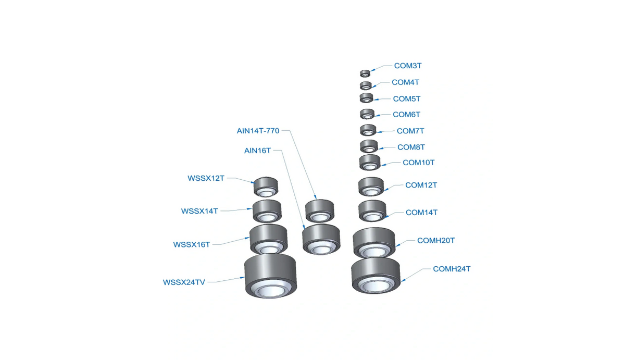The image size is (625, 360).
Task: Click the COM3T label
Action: click(407, 66)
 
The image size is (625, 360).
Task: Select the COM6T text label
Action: click(406, 115)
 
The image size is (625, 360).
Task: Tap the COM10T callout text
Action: click(418, 163)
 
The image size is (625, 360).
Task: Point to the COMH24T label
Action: click(452, 269)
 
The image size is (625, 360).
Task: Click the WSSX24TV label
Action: click(184, 282)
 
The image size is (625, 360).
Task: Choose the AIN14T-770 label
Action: click(258, 131)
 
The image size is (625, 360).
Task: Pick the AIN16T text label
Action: click(257, 151)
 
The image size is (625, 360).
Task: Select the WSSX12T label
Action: click(206, 178)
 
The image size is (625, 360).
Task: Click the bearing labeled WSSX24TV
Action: click(270, 277)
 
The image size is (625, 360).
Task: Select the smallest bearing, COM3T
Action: click(365, 73)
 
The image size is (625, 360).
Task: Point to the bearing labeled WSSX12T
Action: click(266, 187)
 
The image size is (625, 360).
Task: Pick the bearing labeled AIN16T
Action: click(321, 239)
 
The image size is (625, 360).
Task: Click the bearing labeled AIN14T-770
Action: click(319, 210)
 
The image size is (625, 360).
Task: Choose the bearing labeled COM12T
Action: click(371, 187)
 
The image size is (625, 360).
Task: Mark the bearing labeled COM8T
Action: click(369, 146)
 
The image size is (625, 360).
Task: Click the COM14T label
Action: click(421, 213)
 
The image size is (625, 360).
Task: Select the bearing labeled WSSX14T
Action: click(267, 211)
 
